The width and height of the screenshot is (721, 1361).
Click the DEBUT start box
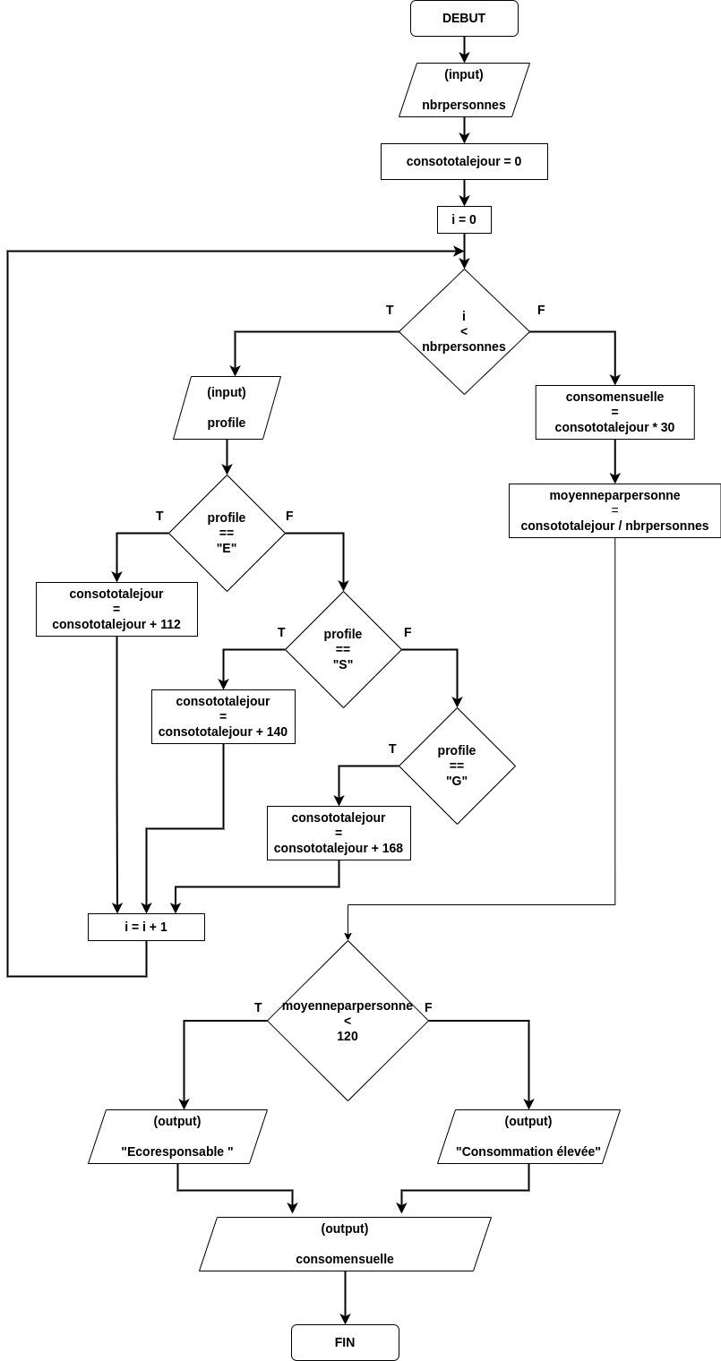[464, 18]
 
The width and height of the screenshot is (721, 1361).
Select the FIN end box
[345, 1342]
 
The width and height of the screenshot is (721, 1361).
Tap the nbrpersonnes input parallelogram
[464, 90]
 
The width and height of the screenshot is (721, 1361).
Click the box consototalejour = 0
[464, 161]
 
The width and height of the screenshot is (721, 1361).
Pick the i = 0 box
[464, 219]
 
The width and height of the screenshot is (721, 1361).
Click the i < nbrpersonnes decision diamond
[464, 331]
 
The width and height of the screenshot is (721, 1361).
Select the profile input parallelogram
[227, 407]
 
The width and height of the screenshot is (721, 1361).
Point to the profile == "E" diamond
[227, 533]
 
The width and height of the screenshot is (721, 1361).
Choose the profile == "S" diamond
[343, 649]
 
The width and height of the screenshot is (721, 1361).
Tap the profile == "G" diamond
[457, 766]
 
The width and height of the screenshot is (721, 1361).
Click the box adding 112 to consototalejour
[116, 609]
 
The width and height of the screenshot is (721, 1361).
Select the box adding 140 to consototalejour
[223, 716]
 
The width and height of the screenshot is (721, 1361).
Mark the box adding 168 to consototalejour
[339, 833]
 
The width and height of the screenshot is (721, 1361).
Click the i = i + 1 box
[146, 927]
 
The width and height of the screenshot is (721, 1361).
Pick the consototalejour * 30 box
[614, 412]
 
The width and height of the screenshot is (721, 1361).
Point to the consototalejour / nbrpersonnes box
[614, 510]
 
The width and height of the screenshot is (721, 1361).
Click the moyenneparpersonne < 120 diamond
[348, 1021]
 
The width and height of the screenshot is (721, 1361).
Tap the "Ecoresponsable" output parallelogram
[177, 1136]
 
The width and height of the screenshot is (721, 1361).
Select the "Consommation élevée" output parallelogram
[528, 1136]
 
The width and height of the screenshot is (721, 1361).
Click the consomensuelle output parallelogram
[345, 1244]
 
